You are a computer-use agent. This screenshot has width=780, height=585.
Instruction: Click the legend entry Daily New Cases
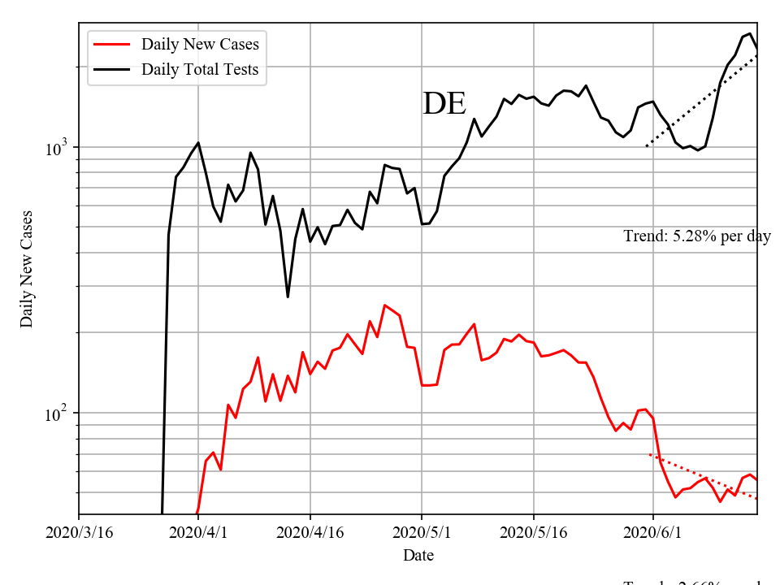(200, 44)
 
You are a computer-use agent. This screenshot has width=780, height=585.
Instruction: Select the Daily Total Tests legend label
(200, 69)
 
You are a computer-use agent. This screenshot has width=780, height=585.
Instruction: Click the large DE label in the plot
(444, 104)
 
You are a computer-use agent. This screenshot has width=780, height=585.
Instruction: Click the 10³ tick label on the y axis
(58, 148)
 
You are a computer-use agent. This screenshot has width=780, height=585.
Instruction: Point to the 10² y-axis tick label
(58, 414)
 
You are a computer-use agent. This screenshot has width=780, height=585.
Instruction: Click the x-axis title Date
(418, 556)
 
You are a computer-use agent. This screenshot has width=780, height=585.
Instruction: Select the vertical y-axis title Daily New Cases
(28, 269)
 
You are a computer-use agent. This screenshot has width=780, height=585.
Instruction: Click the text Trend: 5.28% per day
(696, 236)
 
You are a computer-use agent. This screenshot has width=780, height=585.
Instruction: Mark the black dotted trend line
(699, 102)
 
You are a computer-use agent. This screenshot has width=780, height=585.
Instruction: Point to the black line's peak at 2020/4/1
(198, 143)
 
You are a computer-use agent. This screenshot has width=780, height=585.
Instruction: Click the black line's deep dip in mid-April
(288, 297)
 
